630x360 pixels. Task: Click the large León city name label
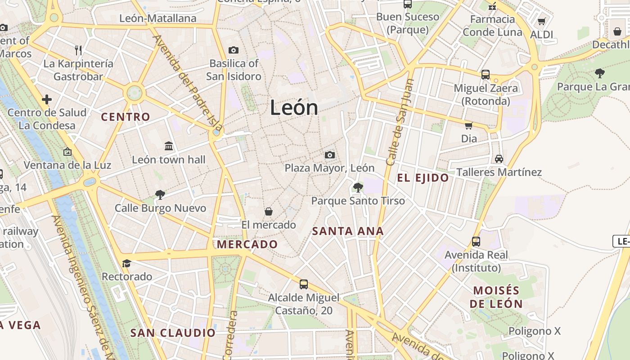pyautogui.click(x=294, y=108)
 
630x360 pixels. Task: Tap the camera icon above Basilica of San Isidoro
pyautogui.click(x=233, y=50)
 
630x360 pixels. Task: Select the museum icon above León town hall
pyautogui.click(x=169, y=146)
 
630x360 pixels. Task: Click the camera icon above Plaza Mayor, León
pyautogui.click(x=330, y=155)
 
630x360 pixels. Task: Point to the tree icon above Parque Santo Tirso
pyautogui.click(x=358, y=187)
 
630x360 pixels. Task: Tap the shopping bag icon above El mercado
pyautogui.click(x=269, y=211)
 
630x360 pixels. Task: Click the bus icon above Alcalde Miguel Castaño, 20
pyautogui.click(x=304, y=284)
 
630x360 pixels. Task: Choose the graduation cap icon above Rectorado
pyautogui.click(x=126, y=263)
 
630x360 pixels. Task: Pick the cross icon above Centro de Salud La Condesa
pyautogui.click(x=47, y=99)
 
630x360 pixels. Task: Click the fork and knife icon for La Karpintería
pyautogui.click(x=78, y=50)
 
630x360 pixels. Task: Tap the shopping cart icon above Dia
pyautogui.click(x=468, y=126)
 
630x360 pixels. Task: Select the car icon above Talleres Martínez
pyautogui.click(x=499, y=159)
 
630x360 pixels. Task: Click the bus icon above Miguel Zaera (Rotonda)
pyautogui.click(x=486, y=75)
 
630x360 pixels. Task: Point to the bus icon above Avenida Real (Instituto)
pyautogui.click(x=476, y=242)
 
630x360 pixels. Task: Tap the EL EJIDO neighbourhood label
pyautogui.click(x=423, y=178)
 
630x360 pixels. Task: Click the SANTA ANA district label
pyautogui.click(x=348, y=231)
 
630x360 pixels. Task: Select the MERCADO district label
pyautogui.click(x=247, y=244)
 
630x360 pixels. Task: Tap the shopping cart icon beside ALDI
pyautogui.click(x=542, y=22)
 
